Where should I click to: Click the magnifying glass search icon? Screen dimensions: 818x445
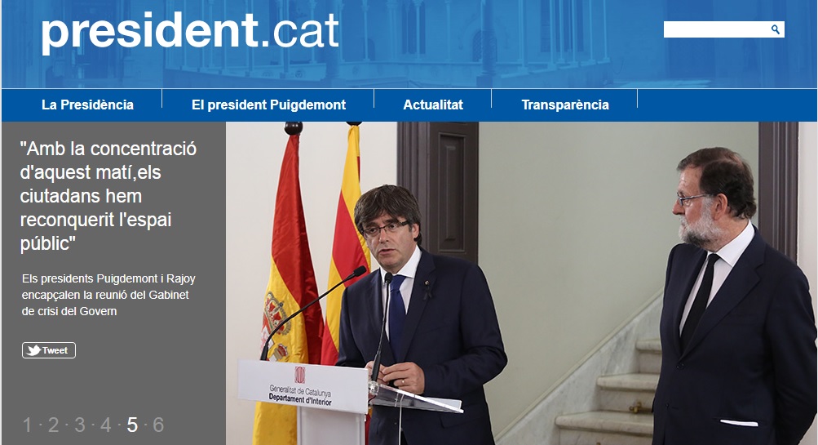(776, 29)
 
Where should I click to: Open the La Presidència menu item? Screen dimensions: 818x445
(87, 105)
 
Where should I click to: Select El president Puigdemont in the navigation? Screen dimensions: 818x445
(268, 105)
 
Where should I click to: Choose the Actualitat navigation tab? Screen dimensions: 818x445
(433, 105)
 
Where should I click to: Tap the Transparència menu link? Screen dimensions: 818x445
(565, 105)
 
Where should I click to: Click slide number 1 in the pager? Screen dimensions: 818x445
(27, 425)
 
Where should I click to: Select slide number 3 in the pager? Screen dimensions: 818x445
(80, 425)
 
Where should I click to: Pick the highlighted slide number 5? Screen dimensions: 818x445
(132, 425)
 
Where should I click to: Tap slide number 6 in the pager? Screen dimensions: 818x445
(158, 425)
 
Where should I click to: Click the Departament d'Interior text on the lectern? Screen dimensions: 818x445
(300, 399)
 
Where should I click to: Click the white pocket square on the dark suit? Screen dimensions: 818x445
(739, 422)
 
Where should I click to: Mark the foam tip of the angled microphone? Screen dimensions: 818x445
(359, 272)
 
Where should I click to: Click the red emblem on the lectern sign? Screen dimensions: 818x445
(300, 375)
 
